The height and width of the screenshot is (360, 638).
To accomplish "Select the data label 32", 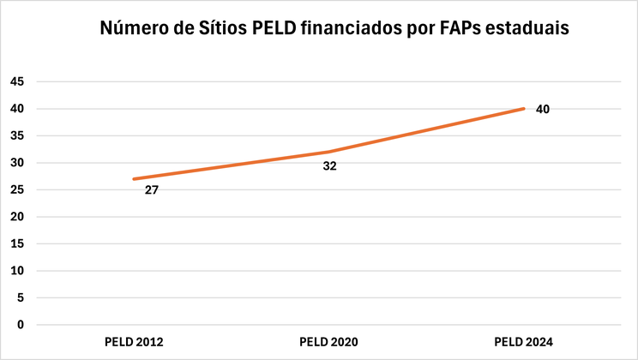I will pos(329,166).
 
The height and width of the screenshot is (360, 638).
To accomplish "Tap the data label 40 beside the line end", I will pos(542,110).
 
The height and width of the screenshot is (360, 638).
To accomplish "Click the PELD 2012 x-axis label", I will pos(134,342).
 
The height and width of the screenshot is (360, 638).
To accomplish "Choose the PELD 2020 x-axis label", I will pos(328,342).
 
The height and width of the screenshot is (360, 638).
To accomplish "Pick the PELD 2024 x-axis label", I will pos(523,342).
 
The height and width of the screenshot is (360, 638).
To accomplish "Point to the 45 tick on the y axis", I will pos(16,81).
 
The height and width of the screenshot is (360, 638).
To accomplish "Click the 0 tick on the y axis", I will pos(20,325).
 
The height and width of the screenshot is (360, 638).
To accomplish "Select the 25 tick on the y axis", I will pos(16,189).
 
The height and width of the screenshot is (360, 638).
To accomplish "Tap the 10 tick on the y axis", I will pos(16,271).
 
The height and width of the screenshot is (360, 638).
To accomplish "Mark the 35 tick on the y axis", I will pos(16,135).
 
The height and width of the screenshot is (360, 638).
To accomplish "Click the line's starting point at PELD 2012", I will pos(134,179).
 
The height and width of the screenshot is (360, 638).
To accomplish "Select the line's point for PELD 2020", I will pos(328,152).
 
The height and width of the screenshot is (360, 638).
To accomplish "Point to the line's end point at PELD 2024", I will pos(523,109).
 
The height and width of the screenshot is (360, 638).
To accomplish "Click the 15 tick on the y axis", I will pos(16,243).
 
